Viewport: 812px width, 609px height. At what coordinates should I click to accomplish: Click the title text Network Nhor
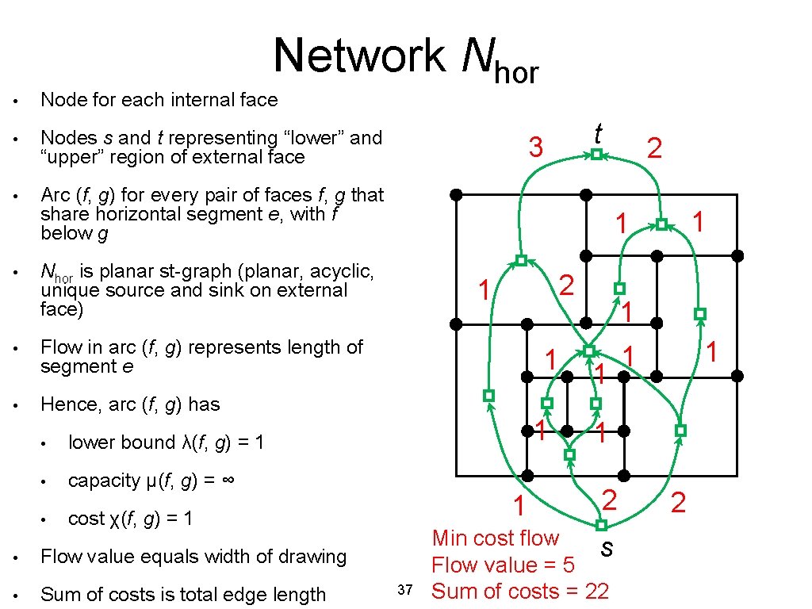pos(406,57)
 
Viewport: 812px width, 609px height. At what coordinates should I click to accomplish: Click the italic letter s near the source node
pos(607,547)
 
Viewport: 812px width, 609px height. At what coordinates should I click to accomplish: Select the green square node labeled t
pos(597,155)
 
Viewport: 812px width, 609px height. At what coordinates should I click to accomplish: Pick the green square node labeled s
pos(601,525)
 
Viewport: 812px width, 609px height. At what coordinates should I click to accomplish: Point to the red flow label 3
pos(536,147)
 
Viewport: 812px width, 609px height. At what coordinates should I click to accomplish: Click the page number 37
pos(404,589)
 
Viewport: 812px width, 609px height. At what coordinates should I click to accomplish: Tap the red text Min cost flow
pos(495,538)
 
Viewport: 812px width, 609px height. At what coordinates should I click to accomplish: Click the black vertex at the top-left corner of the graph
pos(456,194)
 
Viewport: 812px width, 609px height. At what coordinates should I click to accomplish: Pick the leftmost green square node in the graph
pos(489,395)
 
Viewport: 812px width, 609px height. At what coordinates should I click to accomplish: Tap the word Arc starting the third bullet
pos(56,195)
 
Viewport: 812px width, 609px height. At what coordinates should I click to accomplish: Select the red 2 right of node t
pos(653,147)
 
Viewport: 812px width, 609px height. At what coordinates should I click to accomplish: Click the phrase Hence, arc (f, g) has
pos(130,404)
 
